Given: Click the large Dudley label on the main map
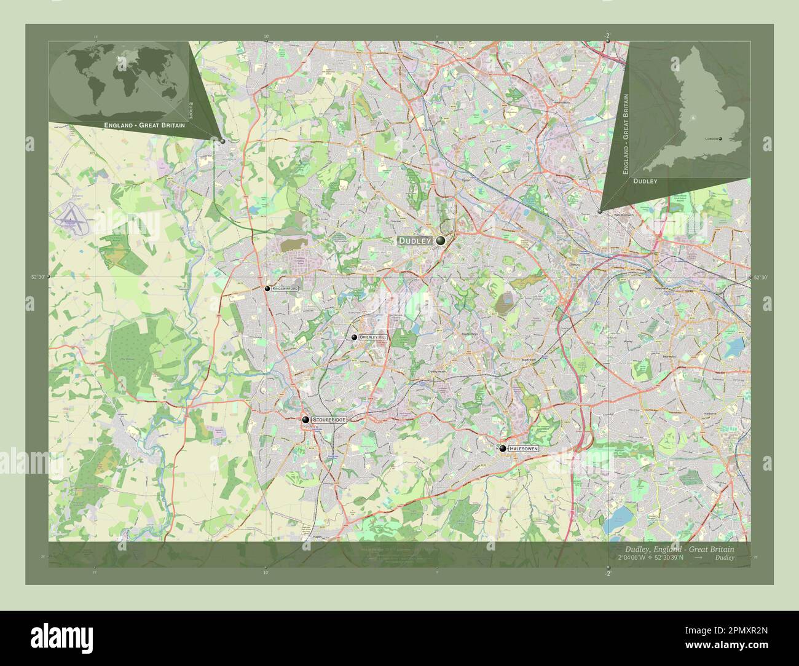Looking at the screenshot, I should [x=415, y=241].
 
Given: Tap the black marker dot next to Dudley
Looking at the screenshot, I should [x=441, y=241].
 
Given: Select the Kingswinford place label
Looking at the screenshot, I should [x=285, y=288].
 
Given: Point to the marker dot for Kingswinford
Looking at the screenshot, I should [x=267, y=288].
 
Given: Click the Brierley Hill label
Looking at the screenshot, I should [x=374, y=337].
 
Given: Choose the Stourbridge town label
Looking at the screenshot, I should [x=329, y=419].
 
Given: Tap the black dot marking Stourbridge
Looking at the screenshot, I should [x=305, y=420].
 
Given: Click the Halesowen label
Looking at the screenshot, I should [x=524, y=449].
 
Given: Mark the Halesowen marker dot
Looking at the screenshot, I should [x=502, y=449].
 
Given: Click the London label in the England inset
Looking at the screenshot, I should [x=712, y=139].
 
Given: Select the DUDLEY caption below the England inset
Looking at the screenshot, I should [x=645, y=182].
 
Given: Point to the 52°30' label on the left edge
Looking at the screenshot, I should [x=38, y=278].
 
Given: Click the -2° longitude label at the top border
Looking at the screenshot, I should [x=608, y=36].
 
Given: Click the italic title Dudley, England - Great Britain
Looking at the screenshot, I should [x=679, y=549].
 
